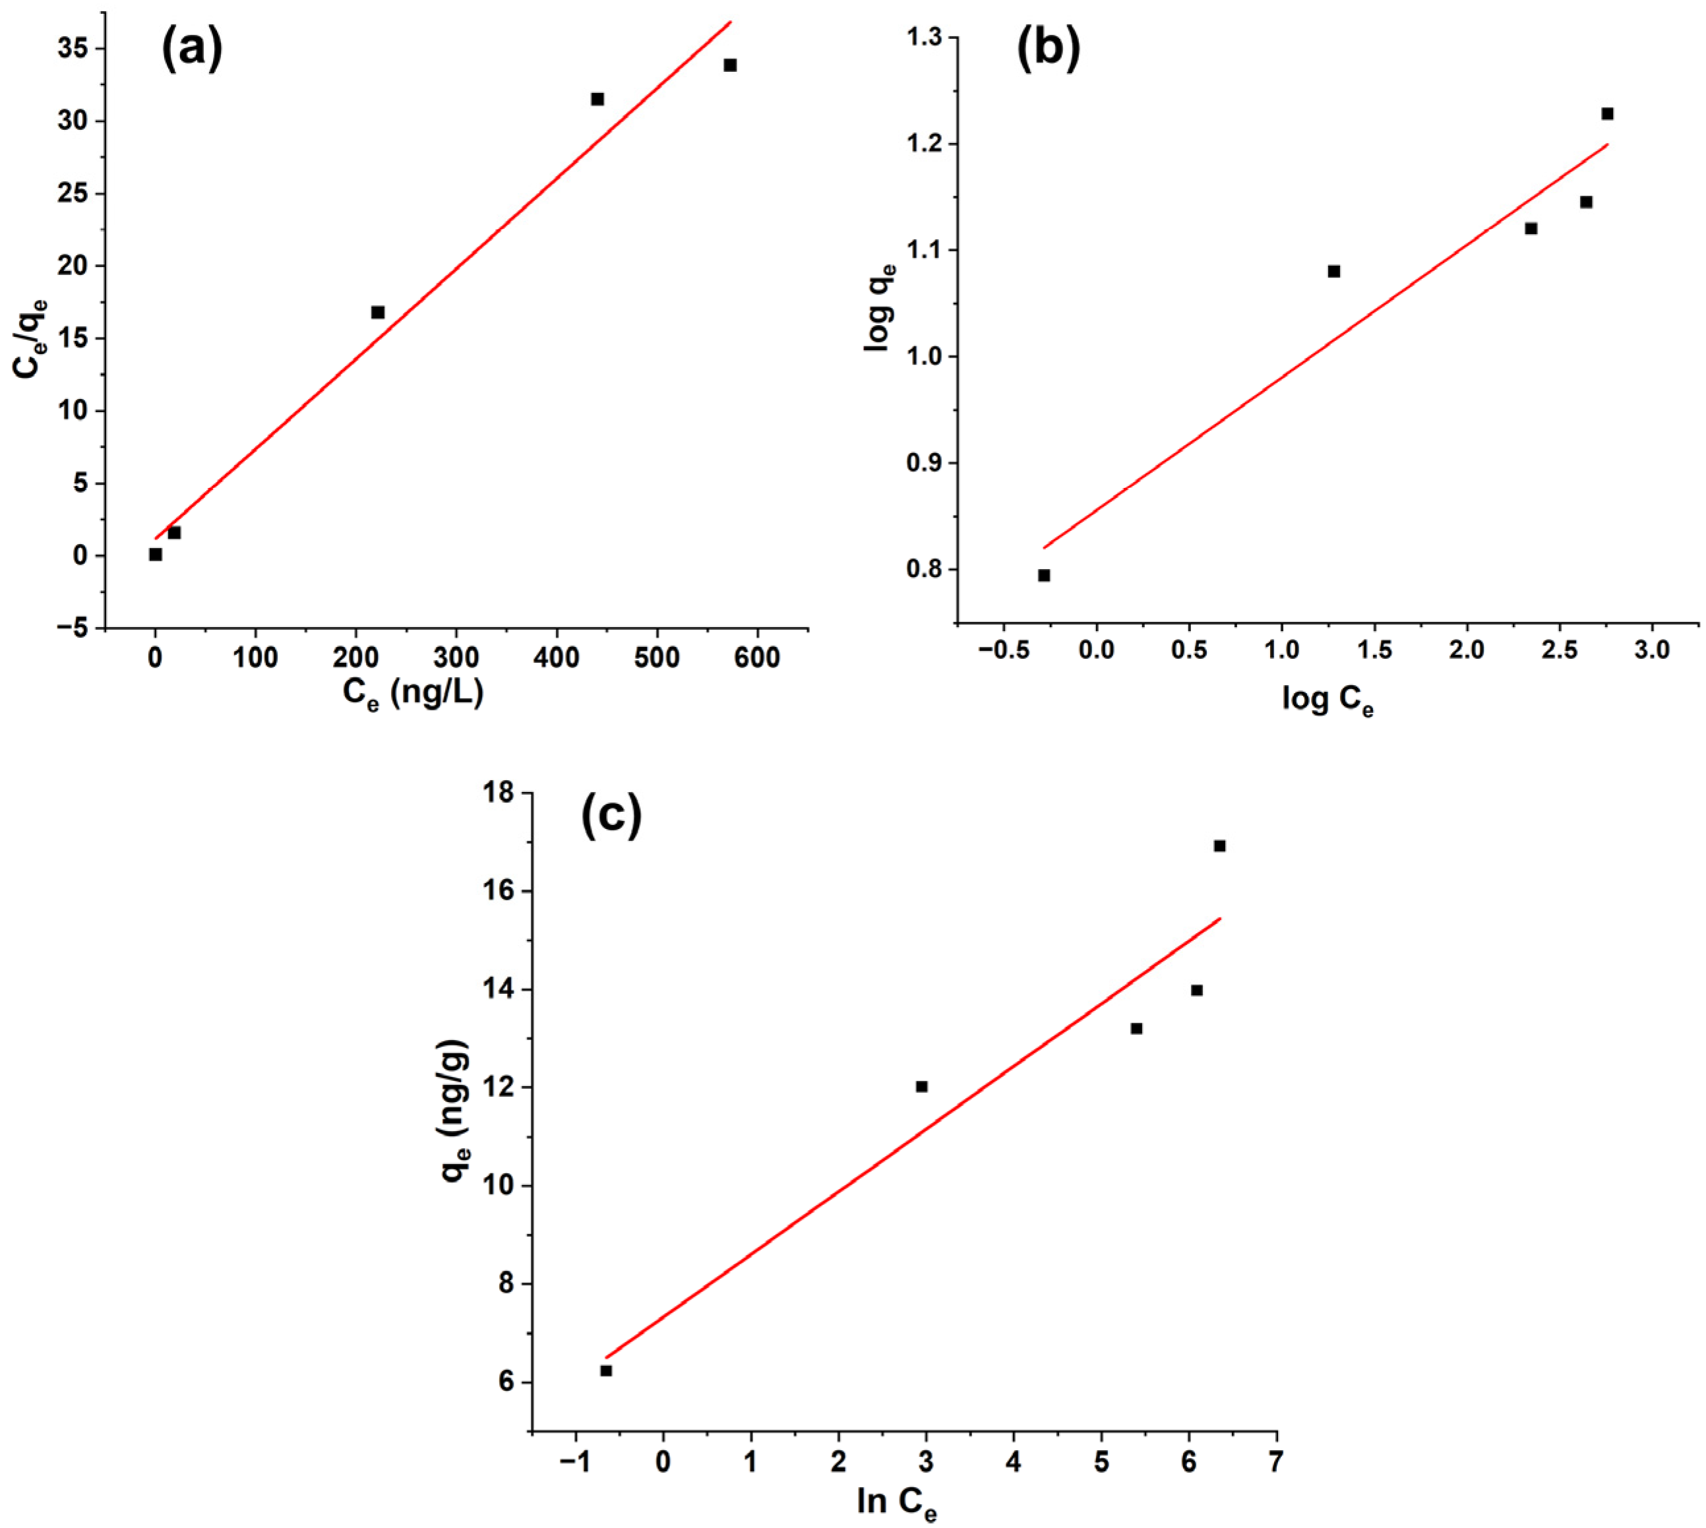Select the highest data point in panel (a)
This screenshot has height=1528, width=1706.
(x=729, y=65)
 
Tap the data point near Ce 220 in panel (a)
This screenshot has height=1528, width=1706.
(x=378, y=313)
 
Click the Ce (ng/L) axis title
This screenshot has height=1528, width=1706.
(x=412, y=694)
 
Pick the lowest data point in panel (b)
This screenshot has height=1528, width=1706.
(x=1044, y=575)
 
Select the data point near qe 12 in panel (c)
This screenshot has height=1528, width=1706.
(x=921, y=1086)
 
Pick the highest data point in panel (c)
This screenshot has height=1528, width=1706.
(x=1219, y=845)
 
